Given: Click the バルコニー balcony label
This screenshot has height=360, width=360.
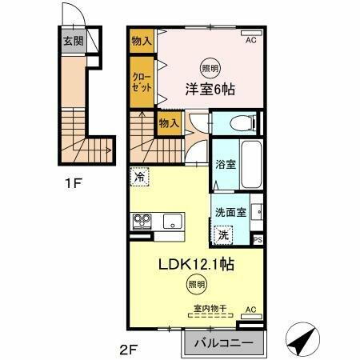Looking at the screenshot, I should click(x=222, y=344).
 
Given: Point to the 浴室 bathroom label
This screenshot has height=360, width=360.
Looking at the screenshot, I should click(x=225, y=165).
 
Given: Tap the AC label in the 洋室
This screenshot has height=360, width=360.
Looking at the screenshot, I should click(x=250, y=39).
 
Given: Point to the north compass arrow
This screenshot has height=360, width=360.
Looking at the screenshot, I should click(x=300, y=341).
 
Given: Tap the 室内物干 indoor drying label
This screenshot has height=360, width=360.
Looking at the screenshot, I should click(x=206, y=308).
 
